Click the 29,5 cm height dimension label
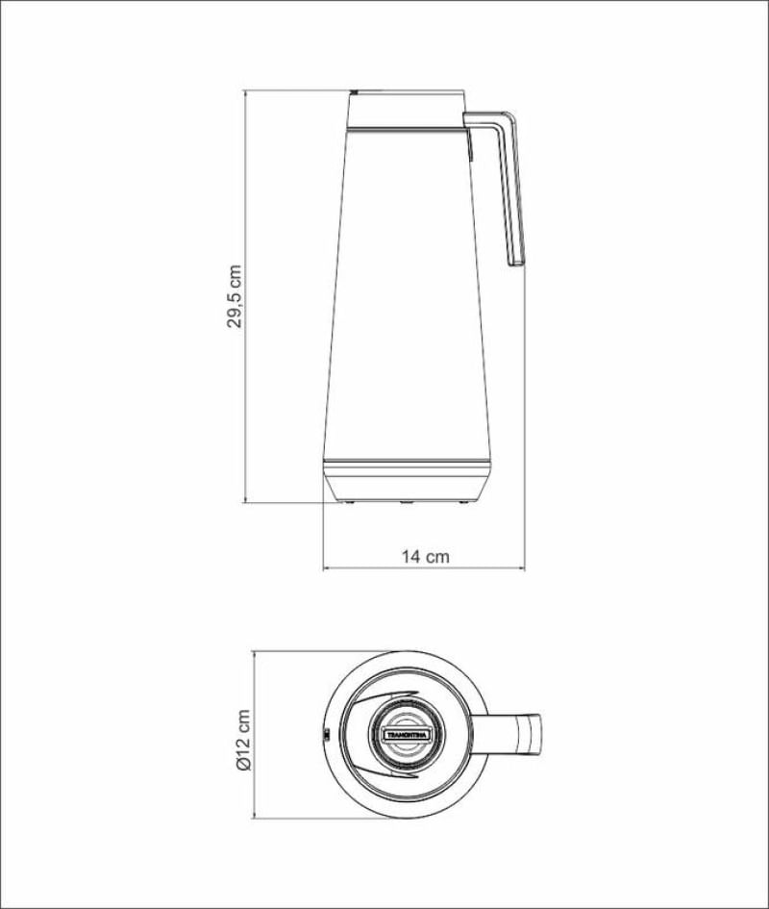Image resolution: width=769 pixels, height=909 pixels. click(235, 297)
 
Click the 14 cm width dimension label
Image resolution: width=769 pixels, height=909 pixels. click(426, 557)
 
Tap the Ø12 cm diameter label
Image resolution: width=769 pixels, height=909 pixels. click(243, 740)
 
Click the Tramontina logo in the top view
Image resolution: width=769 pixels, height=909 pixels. click(407, 734)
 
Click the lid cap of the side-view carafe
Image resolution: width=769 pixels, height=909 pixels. click(408, 109)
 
